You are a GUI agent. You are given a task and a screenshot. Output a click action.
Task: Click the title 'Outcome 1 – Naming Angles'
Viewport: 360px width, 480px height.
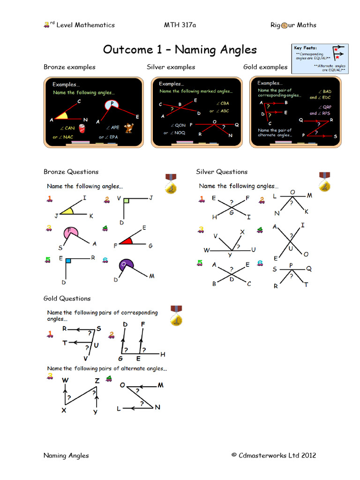(180, 50)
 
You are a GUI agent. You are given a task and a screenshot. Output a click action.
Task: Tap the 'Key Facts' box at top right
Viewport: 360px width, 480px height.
(320, 59)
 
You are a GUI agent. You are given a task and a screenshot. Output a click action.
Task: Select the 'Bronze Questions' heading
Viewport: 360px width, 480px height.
(71, 172)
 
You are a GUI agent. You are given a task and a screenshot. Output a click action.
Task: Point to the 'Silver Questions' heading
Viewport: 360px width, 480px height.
(222, 172)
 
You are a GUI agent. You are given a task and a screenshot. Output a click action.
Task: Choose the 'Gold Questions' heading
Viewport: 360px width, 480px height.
(67, 298)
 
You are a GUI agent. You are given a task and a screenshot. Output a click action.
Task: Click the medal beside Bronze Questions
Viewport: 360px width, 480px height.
(171, 184)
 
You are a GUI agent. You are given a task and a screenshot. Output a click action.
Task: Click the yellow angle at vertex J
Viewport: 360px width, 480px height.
(67, 211)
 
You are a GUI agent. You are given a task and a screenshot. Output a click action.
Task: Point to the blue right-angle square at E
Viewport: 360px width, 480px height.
(68, 260)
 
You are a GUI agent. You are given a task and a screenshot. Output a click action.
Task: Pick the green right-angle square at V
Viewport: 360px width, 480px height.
(126, 201)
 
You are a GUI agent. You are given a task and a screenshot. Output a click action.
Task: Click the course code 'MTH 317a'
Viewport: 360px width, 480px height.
(180, 25)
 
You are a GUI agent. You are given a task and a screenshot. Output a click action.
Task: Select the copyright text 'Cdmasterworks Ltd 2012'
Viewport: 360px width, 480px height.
(274, 455)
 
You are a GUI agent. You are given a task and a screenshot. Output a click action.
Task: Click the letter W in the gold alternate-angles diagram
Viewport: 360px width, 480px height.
(65, 380)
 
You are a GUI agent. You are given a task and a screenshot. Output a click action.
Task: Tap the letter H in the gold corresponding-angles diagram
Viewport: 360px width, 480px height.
(163, 354)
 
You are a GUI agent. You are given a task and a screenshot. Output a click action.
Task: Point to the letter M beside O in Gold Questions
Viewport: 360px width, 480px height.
(160, 385)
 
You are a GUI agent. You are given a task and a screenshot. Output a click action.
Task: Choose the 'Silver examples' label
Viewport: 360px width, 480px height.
(171, 67)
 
